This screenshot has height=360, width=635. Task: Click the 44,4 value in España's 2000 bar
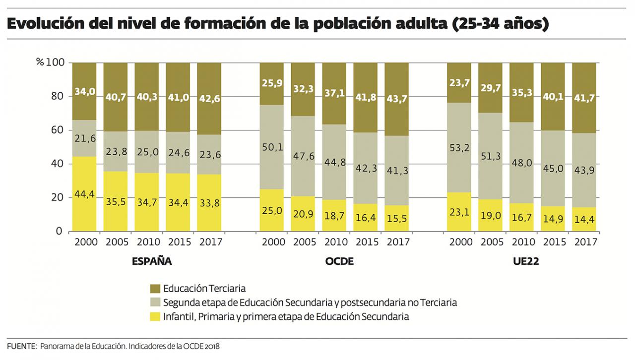[x=84, y=194]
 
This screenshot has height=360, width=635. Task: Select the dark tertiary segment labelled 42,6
[x=209, y=99]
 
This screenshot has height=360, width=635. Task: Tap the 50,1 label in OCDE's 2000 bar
[x=271, y=147]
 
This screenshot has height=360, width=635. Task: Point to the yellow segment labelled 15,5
[x=396, y=219]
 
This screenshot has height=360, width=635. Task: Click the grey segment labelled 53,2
[x=459, y=147]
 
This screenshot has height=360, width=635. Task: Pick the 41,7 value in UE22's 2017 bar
[x=584, y=98]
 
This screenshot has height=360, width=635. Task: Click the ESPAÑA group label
[x=152, y=261]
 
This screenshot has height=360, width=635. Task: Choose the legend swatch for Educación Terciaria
[x=154, y=288]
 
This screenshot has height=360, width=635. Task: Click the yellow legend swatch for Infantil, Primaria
[x=154, y=316]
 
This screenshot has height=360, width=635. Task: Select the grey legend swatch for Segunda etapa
[x=154, y=302]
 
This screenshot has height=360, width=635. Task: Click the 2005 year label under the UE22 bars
[x=490, y=242]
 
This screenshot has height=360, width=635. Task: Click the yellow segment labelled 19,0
[x=490, y=215]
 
